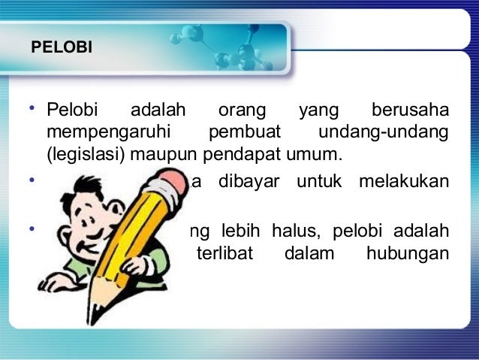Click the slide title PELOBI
tap(62, 48)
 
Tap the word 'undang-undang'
tap(384, 135)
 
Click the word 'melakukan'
tap(410, 182)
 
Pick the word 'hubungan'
tap(408, 253)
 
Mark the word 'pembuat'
tap(244, 135)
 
